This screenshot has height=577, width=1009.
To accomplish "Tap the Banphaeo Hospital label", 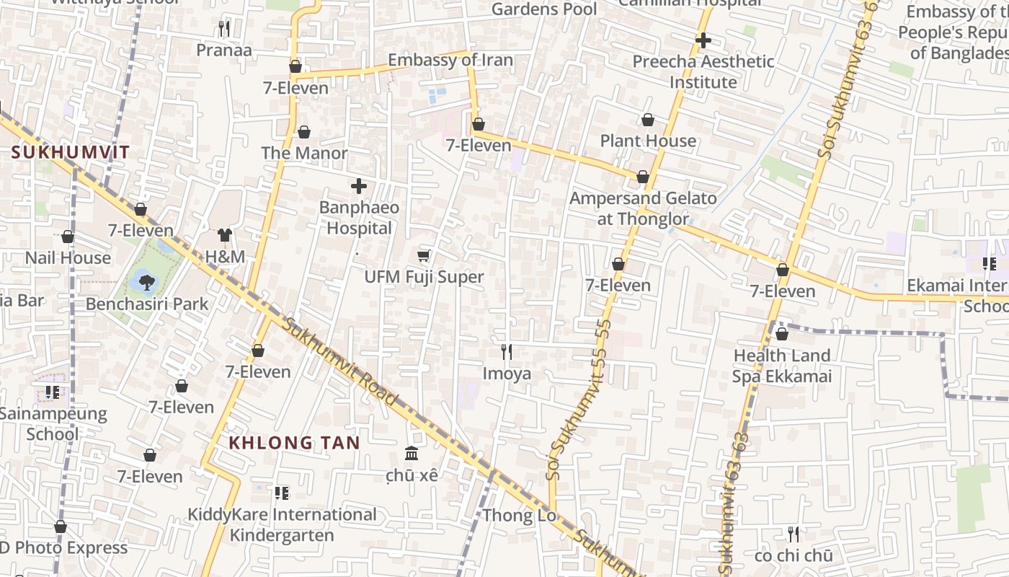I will point(359,218).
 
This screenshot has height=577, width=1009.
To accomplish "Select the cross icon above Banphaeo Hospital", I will point(359,186).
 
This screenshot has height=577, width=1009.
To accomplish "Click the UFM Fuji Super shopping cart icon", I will point(424,255).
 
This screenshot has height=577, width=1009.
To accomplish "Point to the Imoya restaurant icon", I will point(507,351).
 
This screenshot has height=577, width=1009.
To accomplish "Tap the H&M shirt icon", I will point(225,235).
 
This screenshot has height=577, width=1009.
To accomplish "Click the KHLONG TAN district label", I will point(294,443).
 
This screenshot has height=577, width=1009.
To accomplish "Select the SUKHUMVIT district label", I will point(71,152).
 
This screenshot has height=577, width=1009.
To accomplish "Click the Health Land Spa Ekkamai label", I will point(782,366).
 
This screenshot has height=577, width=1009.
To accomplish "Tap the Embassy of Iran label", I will point(450,60).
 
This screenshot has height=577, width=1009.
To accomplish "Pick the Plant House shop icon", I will point(648,120).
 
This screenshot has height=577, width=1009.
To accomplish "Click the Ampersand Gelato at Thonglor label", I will point(643,208).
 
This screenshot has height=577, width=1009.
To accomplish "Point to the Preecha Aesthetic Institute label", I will point(703,71).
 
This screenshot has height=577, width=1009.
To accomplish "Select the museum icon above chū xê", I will point(412,454).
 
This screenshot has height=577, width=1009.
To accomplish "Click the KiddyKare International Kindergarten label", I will point(282,524).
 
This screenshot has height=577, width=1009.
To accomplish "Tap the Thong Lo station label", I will point(519,516).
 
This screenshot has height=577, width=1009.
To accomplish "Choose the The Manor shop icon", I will point(304,133).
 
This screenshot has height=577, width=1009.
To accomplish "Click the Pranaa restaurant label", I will point(224,50).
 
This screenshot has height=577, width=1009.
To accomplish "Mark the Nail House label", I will point(68,257).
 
